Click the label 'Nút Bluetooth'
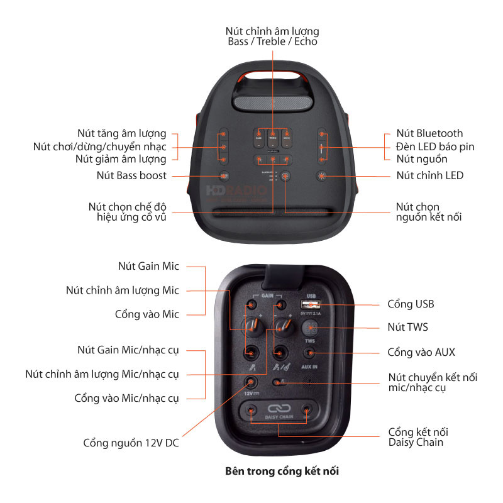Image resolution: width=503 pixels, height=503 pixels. (x=429, y=133)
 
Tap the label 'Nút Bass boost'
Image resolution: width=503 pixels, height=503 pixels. (x=131, y=175)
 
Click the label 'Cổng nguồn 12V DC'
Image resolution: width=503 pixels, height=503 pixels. (x=131, y=443)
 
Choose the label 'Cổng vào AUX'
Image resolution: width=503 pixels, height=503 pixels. (x=421, y=352)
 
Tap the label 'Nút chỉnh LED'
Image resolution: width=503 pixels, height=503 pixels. (x=429, y=175)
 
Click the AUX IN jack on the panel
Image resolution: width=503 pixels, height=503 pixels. (x=309, y=352)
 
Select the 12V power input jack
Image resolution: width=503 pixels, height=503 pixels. (x=251, y=382)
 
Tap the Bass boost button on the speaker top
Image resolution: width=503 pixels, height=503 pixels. (x=224, y=176)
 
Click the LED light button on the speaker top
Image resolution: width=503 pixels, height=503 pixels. (x=323, y=176)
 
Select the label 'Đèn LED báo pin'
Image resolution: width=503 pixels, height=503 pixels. (x=435, y=146)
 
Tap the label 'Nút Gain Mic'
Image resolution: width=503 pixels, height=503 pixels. (x=148, y=266)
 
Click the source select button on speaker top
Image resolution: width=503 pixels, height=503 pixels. (x=285, y=177)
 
